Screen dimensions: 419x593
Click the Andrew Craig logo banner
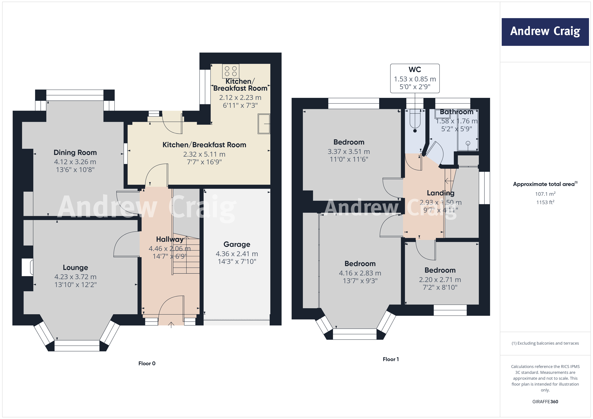(x=545, y=32)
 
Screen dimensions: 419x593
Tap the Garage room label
(x=237, y=244)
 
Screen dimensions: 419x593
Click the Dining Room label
(x=75, y=152)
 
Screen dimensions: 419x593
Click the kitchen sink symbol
(x=264, y=124)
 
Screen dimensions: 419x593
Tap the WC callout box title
(x=415, y=69)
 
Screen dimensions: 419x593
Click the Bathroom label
(x=456, y=112)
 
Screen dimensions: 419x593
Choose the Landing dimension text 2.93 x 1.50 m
(x=440, y=202)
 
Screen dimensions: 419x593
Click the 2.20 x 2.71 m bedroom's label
(x=440, y=270)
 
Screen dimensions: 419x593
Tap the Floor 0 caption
(x=147, y=363)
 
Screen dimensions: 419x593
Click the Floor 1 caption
(x=390, y=359)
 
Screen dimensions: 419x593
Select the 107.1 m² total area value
(x=545, y=194)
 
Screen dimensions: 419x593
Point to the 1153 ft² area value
(x=545, y=202)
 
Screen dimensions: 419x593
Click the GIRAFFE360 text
(x=545, y=401)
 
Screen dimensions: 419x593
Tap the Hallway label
(x=169, y=239)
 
